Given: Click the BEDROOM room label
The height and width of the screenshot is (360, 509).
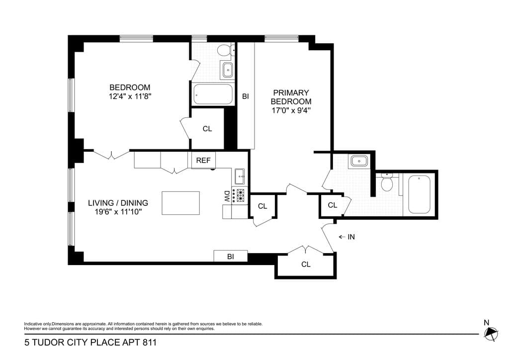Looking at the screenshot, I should coord(130,88).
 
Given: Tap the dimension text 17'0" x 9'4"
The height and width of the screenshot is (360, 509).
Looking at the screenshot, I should coord(291,110).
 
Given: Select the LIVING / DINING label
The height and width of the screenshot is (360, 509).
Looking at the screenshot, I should coord(118,203).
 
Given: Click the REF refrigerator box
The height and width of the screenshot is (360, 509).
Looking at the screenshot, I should coord(203,161).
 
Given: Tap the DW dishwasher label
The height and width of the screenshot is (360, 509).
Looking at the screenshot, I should coord(227,196).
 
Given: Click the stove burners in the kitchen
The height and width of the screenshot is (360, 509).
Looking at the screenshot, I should coord(241,196).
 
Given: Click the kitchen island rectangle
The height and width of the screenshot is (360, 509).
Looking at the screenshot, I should coord(180,203).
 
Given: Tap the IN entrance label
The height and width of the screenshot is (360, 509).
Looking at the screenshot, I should coord(351,237).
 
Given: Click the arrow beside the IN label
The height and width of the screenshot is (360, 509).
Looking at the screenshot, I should coord(341,237).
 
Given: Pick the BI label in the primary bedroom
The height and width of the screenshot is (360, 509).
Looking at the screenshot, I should coord(246,96).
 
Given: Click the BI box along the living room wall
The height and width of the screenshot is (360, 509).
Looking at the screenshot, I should coord(231,257).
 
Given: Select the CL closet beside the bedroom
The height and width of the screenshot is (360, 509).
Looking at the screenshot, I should coord(207,129).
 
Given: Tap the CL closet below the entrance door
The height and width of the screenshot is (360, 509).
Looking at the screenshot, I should coord(306,265).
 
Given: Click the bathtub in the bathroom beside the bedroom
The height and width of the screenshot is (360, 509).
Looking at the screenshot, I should coord(213,94).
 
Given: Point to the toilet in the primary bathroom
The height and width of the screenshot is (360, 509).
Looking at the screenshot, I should coord(387,183).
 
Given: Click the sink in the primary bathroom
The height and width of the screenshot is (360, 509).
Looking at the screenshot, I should coord(358,161).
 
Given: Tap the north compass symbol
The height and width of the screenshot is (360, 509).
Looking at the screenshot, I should coord(491,334).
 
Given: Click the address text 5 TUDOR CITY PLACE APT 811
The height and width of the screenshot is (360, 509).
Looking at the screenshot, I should coord(86,343).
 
